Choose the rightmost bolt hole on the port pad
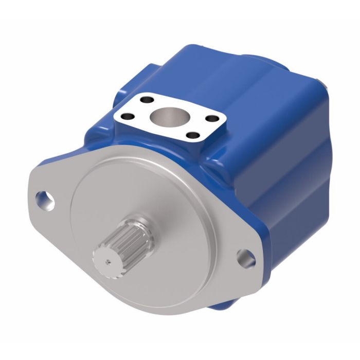click(210, 118)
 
